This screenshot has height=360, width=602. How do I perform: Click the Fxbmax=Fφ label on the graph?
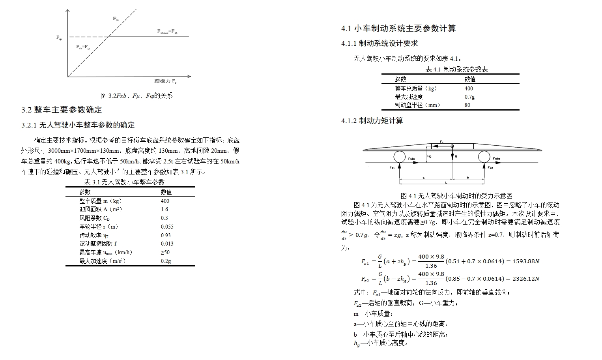(167, 31)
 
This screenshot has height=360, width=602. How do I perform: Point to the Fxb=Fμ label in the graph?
(83, 47)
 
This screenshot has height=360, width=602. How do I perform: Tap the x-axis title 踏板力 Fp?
(165, 81)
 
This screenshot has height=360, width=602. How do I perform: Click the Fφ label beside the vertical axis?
(59, 38)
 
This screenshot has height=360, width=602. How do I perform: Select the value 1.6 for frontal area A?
(165, 210)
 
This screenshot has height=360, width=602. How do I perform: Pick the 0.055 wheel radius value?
(167, 227)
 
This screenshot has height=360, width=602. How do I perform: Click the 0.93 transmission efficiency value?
(166, 235)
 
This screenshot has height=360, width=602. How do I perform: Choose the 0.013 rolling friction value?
(167, 244)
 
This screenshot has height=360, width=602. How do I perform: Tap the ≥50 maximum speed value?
(165, 252)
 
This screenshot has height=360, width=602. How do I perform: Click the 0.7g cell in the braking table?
(469, 97)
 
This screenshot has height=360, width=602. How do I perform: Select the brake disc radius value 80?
(467, 105)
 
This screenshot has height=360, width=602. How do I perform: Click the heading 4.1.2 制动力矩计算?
(372, 121)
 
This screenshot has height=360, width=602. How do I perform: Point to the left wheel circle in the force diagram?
(399, 157)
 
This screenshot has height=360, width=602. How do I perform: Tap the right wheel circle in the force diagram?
(484, 157)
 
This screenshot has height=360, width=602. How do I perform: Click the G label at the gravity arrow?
(456, 156)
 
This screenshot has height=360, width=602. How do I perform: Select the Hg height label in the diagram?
(429, 156)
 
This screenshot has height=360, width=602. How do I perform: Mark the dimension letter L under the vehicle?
(446, 183)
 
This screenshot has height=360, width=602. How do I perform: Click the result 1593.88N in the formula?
(525, 261)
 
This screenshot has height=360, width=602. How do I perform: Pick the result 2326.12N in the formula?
(525, 279)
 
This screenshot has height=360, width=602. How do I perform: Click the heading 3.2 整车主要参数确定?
(62, 110)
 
